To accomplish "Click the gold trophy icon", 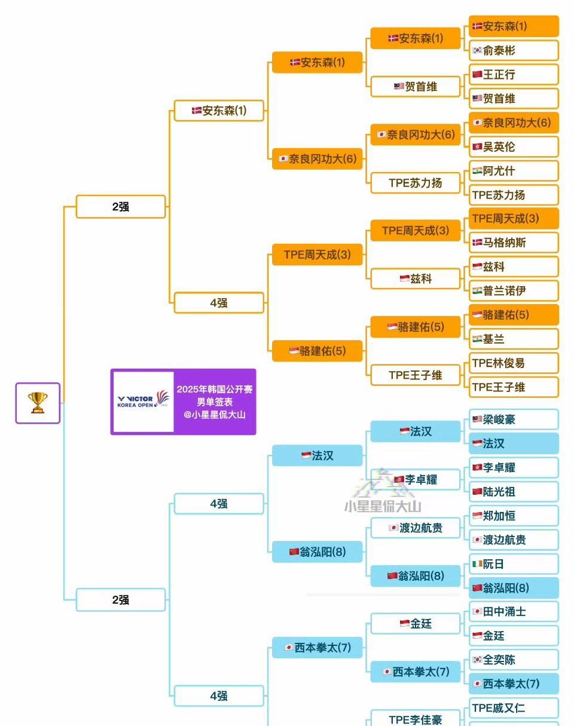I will tap(38, 403).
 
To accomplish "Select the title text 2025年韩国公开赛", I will tap(215, 389).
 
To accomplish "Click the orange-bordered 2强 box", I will tap(121, 207).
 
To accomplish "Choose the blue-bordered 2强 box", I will tap(121, 600).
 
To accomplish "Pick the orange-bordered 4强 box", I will tap(219, 303).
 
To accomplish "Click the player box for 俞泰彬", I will tap(514, 51).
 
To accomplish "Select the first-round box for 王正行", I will tap(514, 75).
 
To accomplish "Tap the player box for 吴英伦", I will tap(514, 146).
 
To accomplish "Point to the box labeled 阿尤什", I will tap(514, 171).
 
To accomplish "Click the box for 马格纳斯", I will tap(514, 243).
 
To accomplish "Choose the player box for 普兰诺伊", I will tap(514, 291).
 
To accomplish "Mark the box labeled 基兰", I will tap(514, 339).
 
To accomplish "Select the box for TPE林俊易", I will tap(514, 363).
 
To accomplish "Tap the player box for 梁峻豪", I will tap(514, 419).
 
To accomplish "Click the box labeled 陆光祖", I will tap(514, 492).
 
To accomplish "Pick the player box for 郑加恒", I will tap(514, 516).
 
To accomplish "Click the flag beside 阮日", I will tap(477, 563).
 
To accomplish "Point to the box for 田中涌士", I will tap(514, 612).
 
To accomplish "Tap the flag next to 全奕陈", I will tap(477, 660).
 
